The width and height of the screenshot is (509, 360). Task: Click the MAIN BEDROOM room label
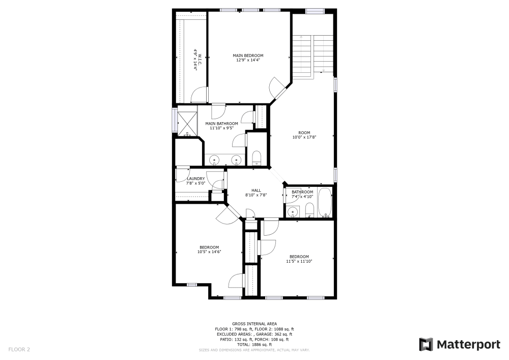[x=248, y=58]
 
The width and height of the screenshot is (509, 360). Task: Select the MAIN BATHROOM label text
[x=221, y=126]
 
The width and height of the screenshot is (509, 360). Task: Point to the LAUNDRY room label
[x=195, y=181]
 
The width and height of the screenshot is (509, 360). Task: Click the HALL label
[x=256, y=192]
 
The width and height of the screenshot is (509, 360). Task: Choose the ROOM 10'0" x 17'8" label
[x=304, y=135]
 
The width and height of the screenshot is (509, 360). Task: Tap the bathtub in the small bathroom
[x=324, y=203]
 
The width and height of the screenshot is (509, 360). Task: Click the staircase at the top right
[x=312, y=55]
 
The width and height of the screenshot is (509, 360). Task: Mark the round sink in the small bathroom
[x=292, y=212]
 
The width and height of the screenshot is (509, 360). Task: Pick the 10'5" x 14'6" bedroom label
[x=209, y=250]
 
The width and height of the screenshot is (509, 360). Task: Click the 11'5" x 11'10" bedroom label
[x=299, y=259]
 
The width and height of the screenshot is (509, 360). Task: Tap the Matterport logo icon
[x=426, y=345]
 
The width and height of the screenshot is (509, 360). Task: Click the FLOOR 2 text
[x=19, y=349]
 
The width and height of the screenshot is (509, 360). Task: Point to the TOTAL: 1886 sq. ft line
[x=254, y=345]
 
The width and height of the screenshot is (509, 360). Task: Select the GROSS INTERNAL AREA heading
[x=254, y=324]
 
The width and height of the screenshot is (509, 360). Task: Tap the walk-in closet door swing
[x=200, y=95]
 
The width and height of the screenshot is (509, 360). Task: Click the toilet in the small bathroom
[x=309, y=209]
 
